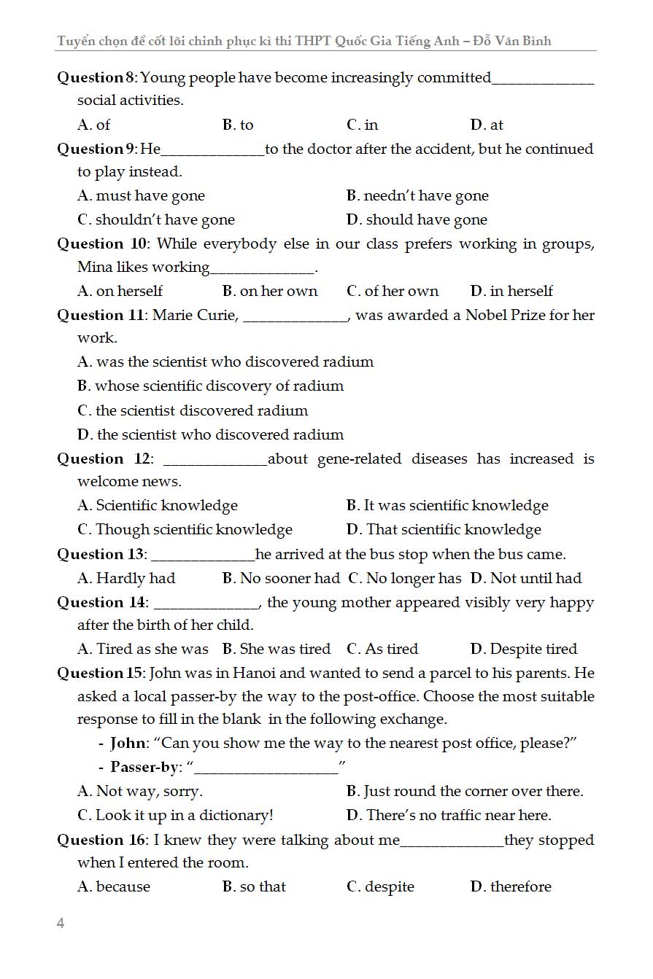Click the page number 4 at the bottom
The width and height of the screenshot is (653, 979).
tap(61, 924)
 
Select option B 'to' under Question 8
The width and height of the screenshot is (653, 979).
tap(238, 125)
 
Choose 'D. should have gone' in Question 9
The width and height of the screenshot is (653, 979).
tap(417, 219)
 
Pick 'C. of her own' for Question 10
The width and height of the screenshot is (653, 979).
tap(393, 291)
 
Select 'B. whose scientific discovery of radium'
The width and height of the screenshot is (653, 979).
tap(210, 386)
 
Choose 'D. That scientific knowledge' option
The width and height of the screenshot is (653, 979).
tap(444, 529)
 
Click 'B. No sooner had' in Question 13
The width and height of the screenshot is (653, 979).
tap(281, 578)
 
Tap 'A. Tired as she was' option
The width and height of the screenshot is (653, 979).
tap(143, 649)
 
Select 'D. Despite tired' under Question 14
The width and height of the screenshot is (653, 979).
tap(524, 649)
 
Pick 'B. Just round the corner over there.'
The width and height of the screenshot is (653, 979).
tap(465, 791)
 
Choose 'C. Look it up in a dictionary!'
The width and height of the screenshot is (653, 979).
tap(175, 815)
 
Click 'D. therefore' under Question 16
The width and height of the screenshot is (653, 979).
tap(511, 886)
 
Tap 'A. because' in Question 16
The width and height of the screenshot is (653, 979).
tap(114, 886)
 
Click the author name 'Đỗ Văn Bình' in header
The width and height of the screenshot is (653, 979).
tap(512, 41)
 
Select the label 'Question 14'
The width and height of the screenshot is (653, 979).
tap(102, 602)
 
